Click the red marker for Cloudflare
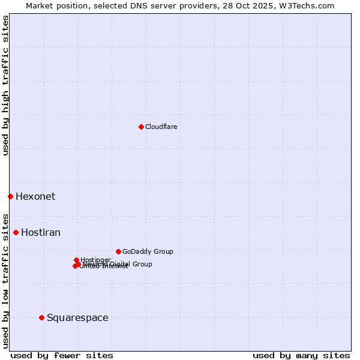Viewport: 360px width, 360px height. coord(141,127)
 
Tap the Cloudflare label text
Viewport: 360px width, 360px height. coord(161,127)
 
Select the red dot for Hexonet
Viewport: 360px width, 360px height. coord(10,196)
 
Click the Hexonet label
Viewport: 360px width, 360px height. coord(35,196)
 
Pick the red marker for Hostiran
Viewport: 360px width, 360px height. coord(16,232)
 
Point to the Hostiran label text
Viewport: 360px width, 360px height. coord(41,232)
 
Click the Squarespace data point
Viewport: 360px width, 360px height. coord(41,317)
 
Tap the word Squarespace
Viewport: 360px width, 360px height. coord(77,317)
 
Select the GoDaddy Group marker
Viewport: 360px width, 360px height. coord(118,251)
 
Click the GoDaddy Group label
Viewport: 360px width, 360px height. coord(148,251)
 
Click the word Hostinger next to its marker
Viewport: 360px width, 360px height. coord(95,260)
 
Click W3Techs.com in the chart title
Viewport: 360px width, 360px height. coord(310,5)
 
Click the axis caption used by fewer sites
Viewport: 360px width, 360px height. coord(62,355)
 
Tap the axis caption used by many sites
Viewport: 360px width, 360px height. coord(301,355)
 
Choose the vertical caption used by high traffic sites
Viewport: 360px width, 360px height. coord(5,85)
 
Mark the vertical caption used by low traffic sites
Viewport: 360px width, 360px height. coord(5,280)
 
